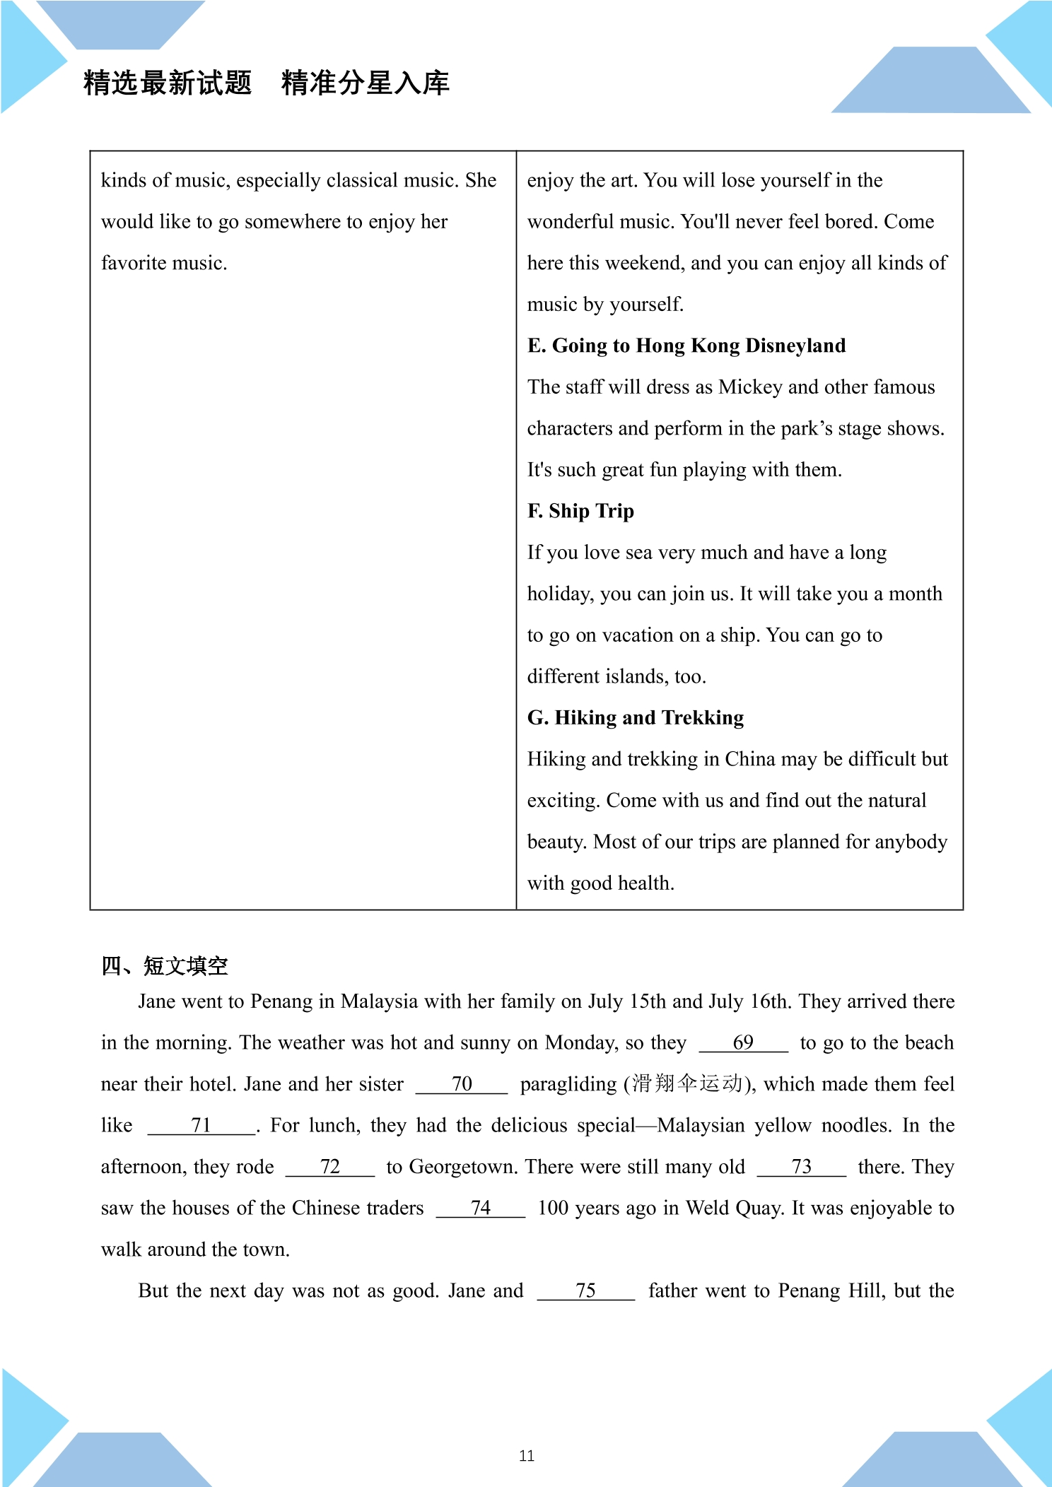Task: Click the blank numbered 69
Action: pos(743,1043)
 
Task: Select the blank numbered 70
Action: pos(462,1084)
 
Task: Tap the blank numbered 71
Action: pos(201,1126)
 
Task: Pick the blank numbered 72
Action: pos(330,1167)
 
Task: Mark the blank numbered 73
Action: pos(801,1167)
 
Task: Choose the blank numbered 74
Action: pos(481,1209)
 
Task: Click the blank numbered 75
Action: pos(585,1291)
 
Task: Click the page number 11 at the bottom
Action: pos(527,1456)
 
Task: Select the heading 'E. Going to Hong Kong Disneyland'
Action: pos(686,346)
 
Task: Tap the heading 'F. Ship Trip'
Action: pos(580,511)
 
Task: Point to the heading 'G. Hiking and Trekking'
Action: pos(636,718)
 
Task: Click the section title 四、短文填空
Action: pos(165,966)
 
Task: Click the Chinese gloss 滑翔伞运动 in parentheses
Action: pos(686,1084)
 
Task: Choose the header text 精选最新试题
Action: pos(168,83)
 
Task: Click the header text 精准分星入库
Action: pos(366,83)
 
